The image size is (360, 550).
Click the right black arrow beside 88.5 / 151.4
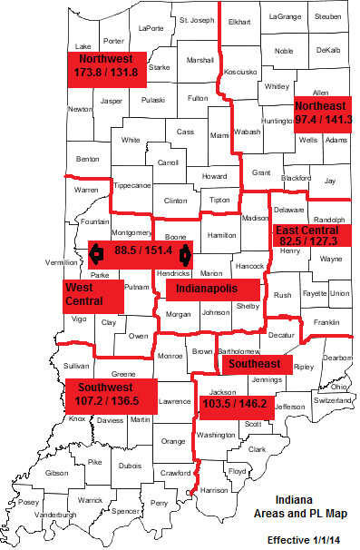(x=185, y=252)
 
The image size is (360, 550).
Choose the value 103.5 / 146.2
(x=234, y=404)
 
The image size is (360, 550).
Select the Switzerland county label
(x=332, y=400)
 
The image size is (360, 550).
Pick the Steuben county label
(x=327, y=17)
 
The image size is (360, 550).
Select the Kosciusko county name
(x=240, y=70)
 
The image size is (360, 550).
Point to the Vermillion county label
(x=60, y=262)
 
